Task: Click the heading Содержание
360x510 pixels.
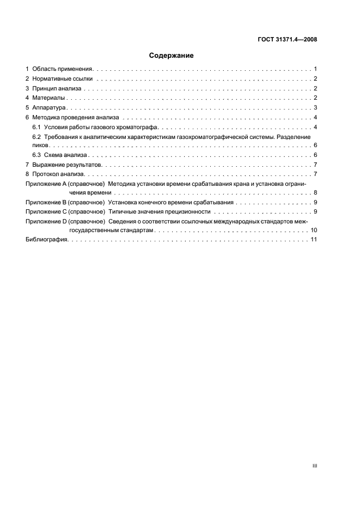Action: click(171, 56)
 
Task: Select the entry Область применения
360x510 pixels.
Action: click(63, 69)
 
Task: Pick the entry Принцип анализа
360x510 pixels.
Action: click(57, 88)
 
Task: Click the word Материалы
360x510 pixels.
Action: click(48, 98)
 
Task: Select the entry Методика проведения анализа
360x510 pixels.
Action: click(71, 117)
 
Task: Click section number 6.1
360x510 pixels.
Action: click(37, 127)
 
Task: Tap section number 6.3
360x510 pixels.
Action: click(37, 155)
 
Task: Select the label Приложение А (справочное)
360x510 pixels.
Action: click(65, 184)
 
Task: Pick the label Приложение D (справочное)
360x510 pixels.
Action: click(65, 221)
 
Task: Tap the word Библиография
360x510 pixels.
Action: click(46, 240)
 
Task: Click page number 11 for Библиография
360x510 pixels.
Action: click(314, 240)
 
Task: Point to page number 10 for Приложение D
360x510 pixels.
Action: click(314, 230)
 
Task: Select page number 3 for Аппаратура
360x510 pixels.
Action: click(315, 107)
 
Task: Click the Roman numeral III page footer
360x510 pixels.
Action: click(314, 466)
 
